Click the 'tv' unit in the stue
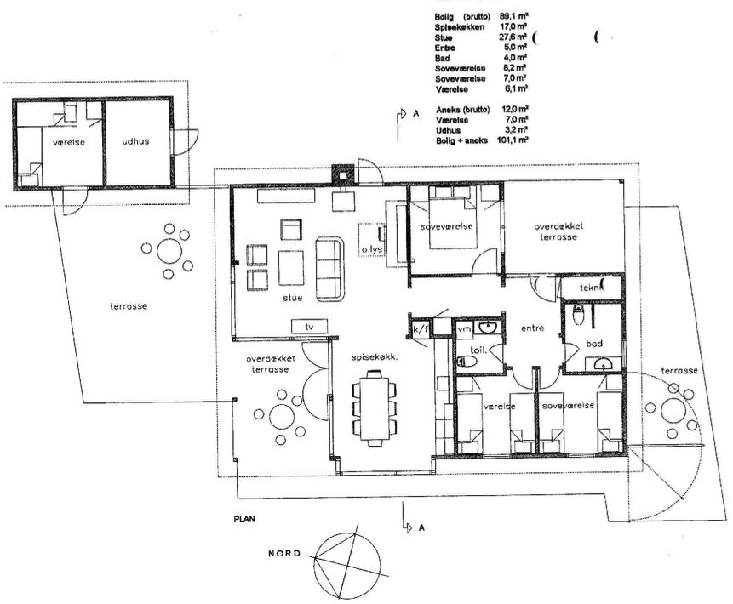pos(309,327)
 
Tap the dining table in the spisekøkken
pos(373,408)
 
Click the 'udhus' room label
pos(135,141)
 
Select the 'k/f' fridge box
pos(421,329)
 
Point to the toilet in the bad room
pos(579,315)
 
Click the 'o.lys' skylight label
pos(372,249)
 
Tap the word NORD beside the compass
pos(284,554)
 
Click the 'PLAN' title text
pos(244,519)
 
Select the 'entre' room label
pos(532,328)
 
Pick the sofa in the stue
pos(329,269)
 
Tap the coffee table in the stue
pos(291,268)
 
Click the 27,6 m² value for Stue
pos(513,37)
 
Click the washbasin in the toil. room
pos(489,327)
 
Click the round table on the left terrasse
pos(169,251)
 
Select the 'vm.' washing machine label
pos(464,329)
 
